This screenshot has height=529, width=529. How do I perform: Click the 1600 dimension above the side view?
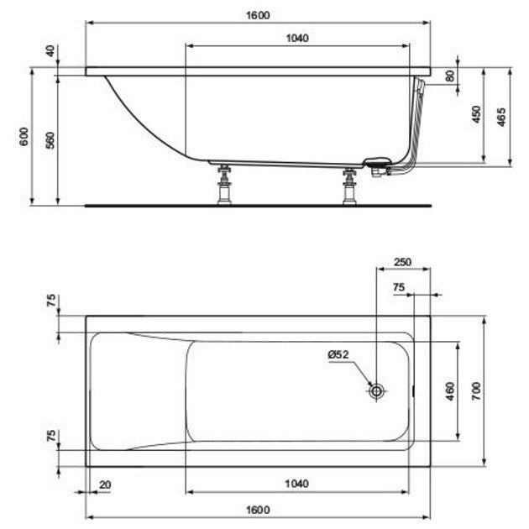(x=258, y=15)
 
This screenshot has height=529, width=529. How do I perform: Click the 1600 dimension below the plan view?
(x=258, y=510)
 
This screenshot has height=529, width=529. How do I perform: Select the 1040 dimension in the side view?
(x=297, y=38)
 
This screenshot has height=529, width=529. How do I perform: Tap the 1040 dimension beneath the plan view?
(x=296, y=484)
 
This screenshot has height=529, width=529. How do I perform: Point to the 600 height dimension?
(x=24, y=136)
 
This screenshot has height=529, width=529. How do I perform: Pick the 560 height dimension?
(x=50, y=140)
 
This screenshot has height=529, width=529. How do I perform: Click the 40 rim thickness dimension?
(x=50, y=51)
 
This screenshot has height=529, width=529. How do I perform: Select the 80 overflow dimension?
(x=450, y=76)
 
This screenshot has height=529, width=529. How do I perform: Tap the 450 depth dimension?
(x=476, y=114)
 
